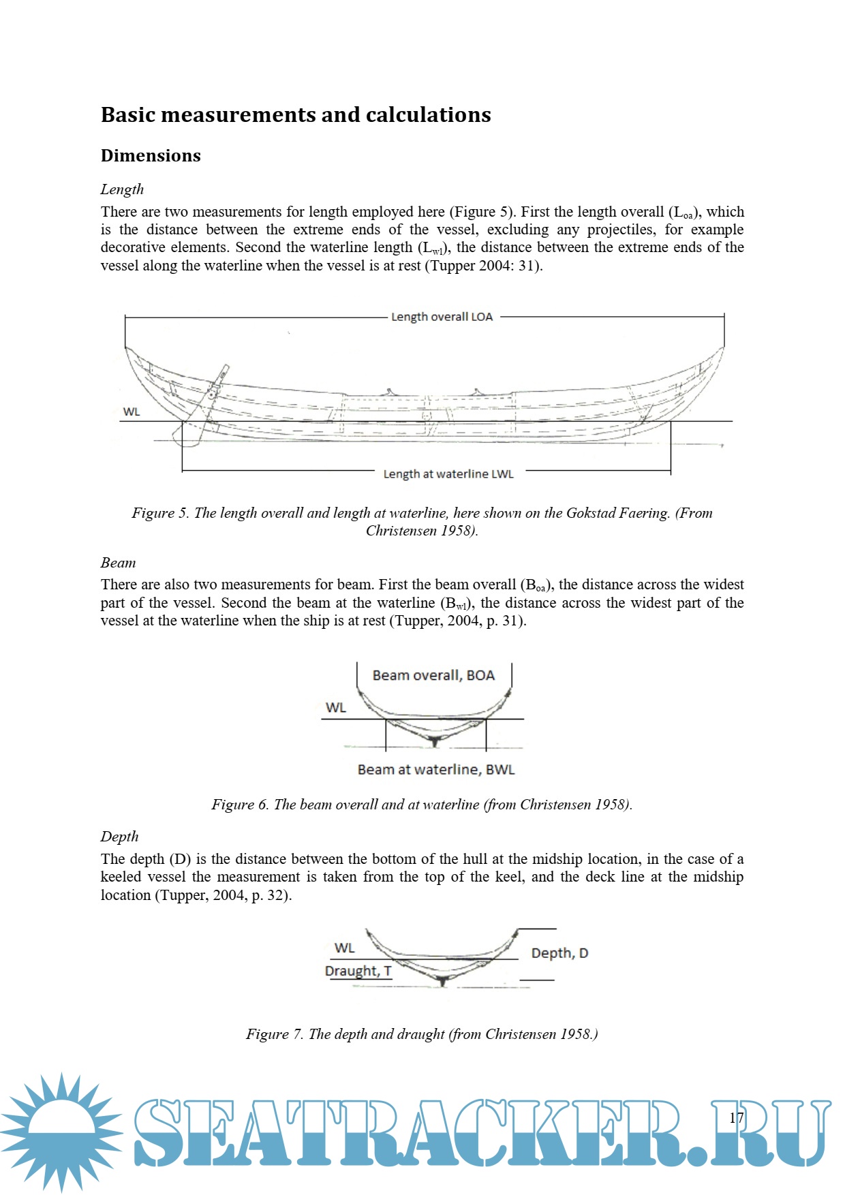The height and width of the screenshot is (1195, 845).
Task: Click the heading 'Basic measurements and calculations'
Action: [296, 114]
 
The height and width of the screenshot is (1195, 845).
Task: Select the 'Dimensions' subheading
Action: [151, 155]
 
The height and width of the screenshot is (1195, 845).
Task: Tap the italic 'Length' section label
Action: [122, 189]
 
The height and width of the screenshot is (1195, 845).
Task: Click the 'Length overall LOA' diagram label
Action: [442, 317]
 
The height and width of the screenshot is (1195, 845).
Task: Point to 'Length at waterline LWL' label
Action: [448, 474]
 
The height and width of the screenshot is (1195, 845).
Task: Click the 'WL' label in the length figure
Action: [132, 412]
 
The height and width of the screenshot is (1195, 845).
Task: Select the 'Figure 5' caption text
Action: [422, 522]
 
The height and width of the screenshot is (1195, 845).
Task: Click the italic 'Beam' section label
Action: [118, 563]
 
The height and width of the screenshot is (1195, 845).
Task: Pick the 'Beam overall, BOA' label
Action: [433, 675]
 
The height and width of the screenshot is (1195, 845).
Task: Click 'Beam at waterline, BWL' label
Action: [436, 769]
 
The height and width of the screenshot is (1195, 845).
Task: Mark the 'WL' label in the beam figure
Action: [336, 707]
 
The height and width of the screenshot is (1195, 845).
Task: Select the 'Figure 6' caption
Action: [422, 805]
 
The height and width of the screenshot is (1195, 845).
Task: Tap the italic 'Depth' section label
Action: [119, 837]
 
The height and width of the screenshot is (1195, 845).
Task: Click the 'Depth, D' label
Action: [559, 953]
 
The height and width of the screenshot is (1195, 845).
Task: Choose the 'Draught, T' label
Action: [358, 971]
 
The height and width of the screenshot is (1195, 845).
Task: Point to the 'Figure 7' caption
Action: [422, 1034]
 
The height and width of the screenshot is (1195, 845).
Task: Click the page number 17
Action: [737, 1118]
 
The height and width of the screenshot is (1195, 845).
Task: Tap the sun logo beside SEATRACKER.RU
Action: [62, 1132]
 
